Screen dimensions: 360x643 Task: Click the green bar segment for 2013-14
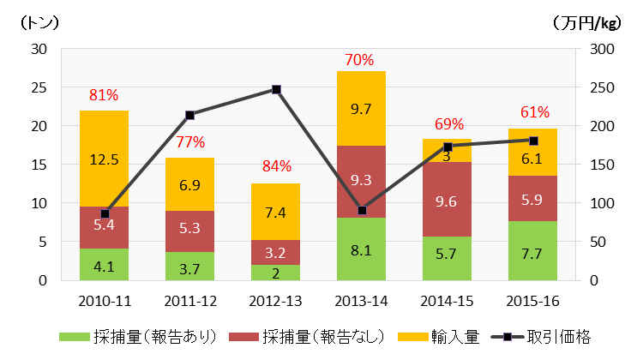[361, 249]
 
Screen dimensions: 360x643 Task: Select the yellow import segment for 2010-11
[104, 159]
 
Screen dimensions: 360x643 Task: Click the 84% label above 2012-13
[275, 165]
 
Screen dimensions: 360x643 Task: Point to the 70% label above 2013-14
[360, 60]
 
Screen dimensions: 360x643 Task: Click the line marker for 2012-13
[276, 89]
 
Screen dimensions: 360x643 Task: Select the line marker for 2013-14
[361, 210]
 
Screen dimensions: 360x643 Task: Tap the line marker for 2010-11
[105, 213]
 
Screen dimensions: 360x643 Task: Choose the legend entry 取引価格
[559, 337]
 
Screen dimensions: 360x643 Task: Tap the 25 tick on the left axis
[39, 87]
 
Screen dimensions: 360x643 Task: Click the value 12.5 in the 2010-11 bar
[104, 159]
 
